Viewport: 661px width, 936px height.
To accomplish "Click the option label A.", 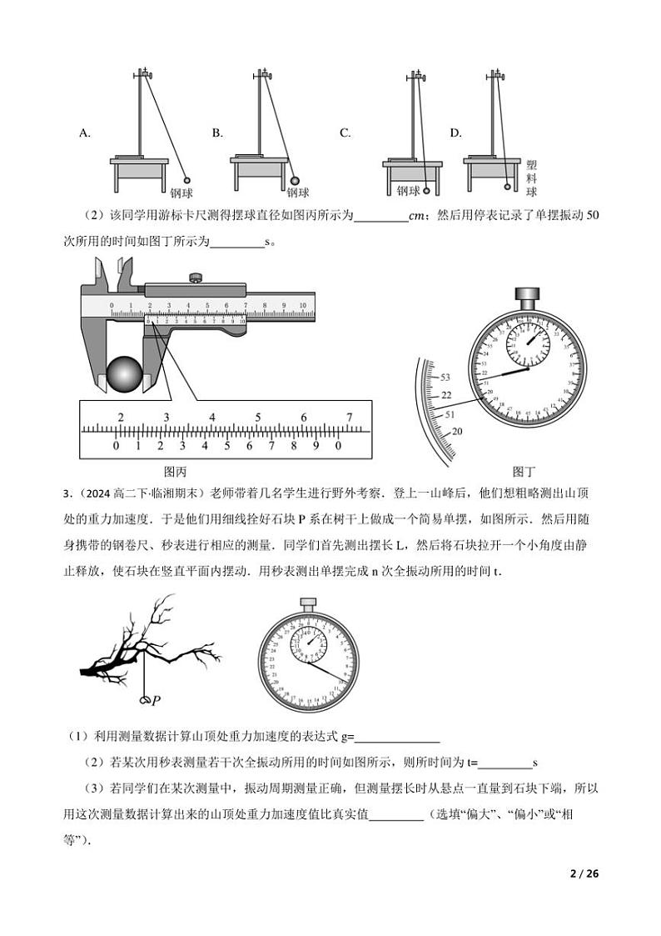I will (84, 133).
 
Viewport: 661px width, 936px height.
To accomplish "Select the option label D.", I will (455, 133).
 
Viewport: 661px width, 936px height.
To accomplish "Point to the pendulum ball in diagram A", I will (187, 179).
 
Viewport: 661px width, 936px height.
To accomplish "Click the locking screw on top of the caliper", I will (196, 278).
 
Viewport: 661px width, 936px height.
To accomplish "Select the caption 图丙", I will (175, 470).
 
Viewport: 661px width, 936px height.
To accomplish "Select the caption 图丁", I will (524, 470).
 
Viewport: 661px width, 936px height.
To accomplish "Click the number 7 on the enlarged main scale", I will (350, 418).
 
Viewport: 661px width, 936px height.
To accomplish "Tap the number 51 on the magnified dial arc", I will (449, 414).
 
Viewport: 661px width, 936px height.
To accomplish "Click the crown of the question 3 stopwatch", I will (308, 603).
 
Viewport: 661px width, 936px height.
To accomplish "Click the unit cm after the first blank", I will (419, 216).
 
